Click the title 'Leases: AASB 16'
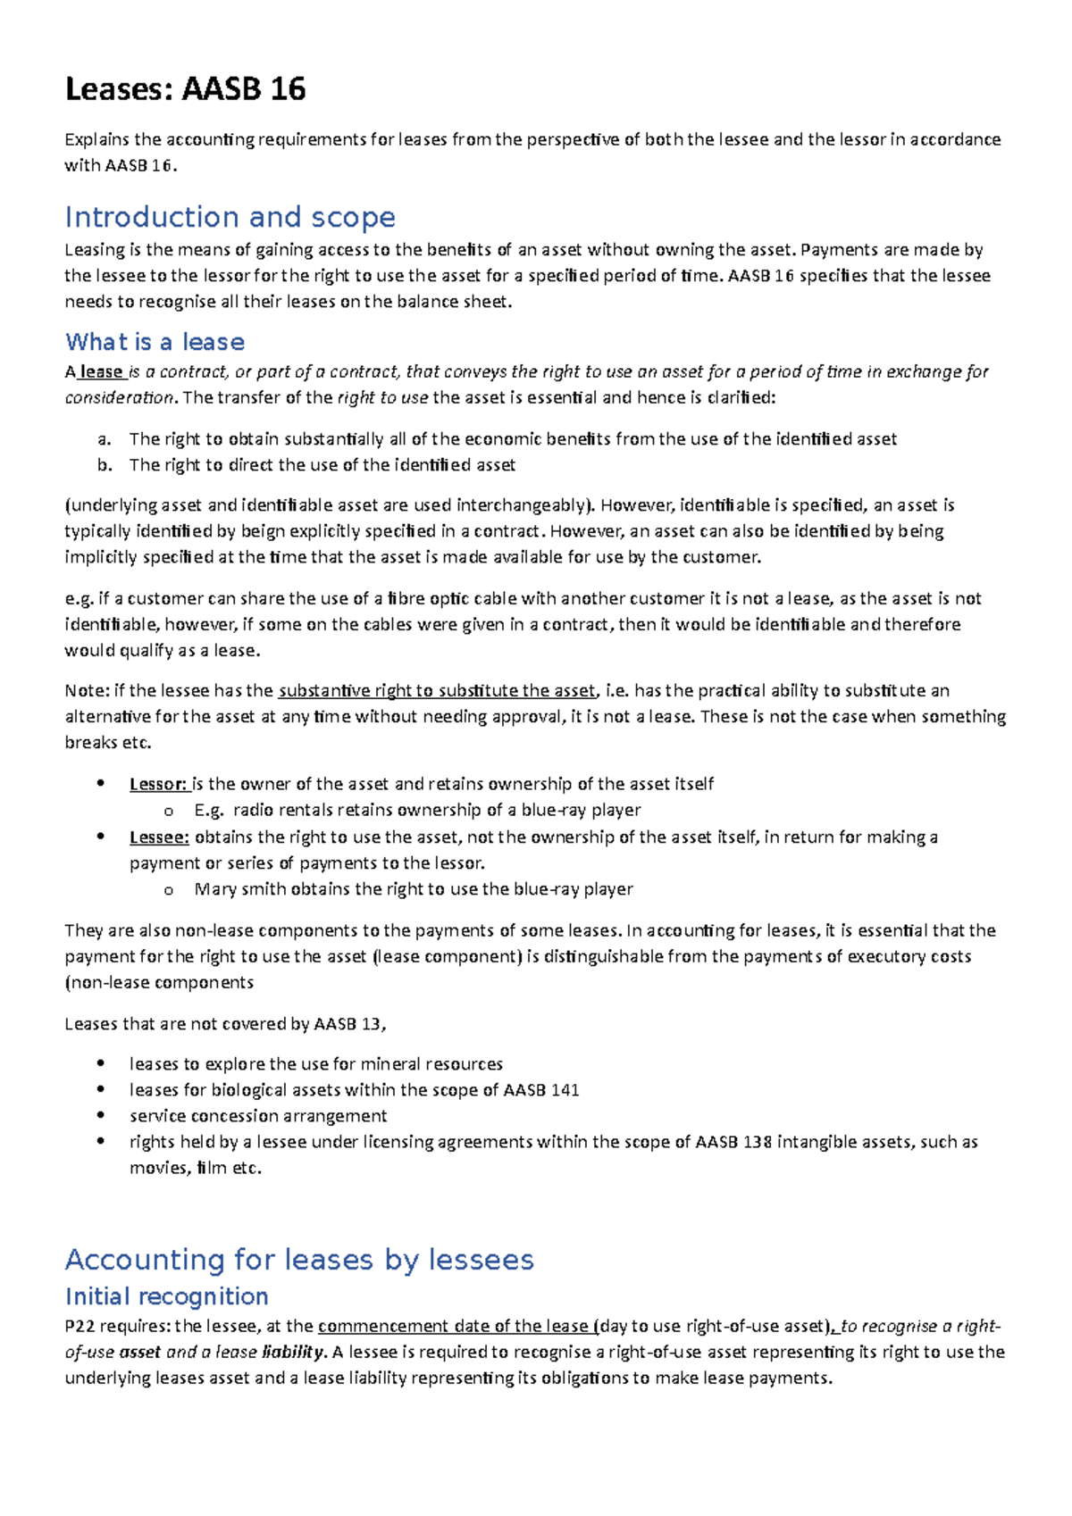tap(185, 89)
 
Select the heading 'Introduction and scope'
tap(230, 217)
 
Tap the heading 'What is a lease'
tap(155, 342)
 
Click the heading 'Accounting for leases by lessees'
tap(299, 1260)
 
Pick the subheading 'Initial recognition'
tap(166, 1296)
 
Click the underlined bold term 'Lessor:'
tap(158, 784)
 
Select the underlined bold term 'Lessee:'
tap(159, 837)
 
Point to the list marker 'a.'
tap(104, 439)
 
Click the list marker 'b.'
tap(105, 465)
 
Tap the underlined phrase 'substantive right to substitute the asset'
tap(436, 691)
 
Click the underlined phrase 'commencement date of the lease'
tap(453, 1327)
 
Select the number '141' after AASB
tap(565, 1090)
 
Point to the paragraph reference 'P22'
tap(79, 1327)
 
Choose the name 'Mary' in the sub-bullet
tap(214, 889)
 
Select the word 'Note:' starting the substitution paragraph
tap(85, 691)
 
